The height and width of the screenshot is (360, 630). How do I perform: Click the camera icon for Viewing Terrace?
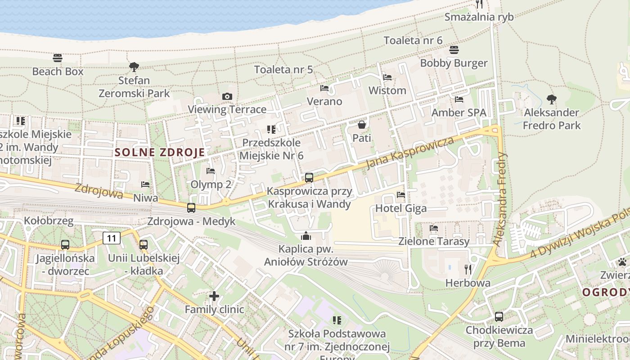pos(227,96)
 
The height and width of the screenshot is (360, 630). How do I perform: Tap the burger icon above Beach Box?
pos(57,58)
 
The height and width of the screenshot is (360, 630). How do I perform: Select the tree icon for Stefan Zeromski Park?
pos(134,67)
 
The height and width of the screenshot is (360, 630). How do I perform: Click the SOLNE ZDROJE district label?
pos(160,152)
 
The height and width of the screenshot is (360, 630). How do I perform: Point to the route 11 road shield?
pos(112,238)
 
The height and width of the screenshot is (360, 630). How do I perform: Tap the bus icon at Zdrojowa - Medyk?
pos(191,208)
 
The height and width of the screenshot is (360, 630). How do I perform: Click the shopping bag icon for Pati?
pos(361,125)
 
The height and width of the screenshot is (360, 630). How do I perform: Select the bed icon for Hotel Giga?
pos(401,195)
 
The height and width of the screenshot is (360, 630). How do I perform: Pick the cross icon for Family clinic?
pos(214,296)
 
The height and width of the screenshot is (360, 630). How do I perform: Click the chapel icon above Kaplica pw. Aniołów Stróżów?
pos(306,236)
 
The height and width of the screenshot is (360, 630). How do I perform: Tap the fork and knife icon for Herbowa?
pos(468,270)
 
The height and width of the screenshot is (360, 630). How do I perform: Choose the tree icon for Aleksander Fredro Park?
pos(551,99)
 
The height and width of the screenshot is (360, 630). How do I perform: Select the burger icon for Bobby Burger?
pos(454,50)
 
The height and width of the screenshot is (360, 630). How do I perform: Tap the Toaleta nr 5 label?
pos(283,70)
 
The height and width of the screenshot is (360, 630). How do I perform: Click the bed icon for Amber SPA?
pos(459,99)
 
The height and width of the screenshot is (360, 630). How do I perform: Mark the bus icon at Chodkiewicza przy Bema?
pos(499,317)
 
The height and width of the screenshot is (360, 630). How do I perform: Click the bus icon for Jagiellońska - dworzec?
pos(65,245)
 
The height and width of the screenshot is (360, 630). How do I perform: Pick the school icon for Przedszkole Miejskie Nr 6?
pos(271,130)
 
